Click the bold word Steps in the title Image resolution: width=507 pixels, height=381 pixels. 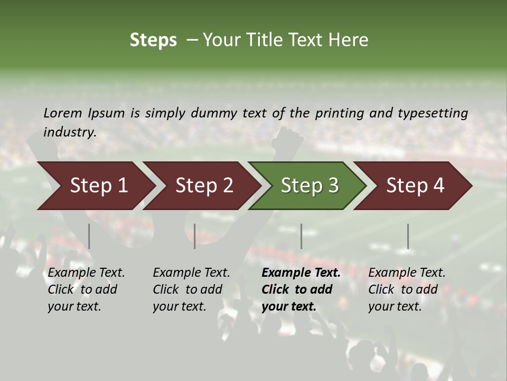pos(153,40)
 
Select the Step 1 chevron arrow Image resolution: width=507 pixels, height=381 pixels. pos(95,186)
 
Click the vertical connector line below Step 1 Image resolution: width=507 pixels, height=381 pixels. pos(89,236)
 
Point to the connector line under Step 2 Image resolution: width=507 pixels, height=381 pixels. pos(195,236)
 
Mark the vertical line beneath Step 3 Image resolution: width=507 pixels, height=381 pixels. pos(302,236)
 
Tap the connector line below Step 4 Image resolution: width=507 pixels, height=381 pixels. pos(408,236)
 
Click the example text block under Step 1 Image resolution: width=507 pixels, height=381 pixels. pos(86,289)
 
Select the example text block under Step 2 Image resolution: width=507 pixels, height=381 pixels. pos(191,289)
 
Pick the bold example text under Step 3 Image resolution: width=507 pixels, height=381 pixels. pos(301,289)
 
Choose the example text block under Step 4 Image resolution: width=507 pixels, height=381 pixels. pos(407,289)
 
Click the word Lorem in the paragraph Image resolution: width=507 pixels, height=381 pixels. pos(63,113)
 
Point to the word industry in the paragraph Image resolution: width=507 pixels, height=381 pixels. pos(70,132)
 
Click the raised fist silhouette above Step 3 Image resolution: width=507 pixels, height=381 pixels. pos(287,139)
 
